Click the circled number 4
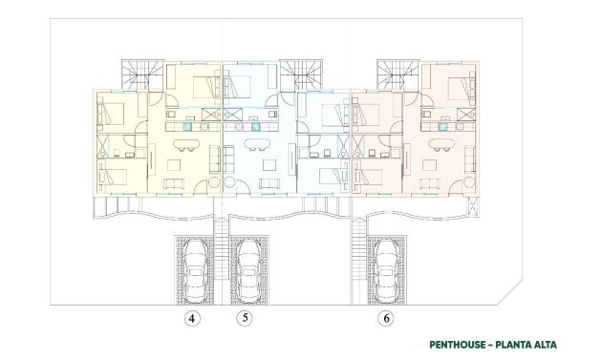193,319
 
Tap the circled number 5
245,319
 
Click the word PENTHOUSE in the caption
454,345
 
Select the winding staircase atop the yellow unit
141,74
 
